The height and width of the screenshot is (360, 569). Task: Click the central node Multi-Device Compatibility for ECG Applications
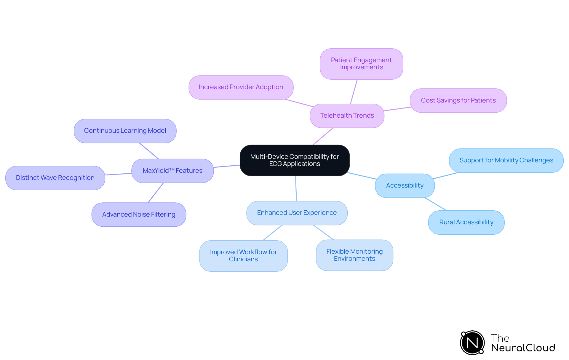point(295,160)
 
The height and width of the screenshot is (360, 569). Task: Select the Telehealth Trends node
point(347,116)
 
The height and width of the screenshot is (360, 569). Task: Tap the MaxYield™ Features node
point(172,171)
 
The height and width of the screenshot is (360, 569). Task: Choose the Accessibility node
point(405,185)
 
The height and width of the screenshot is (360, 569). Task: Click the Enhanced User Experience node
point(297,213)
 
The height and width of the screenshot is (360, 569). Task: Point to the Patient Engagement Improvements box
point(361,64)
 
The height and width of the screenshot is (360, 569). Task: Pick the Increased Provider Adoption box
point(241,87)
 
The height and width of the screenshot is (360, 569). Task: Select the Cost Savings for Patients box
point(458,100)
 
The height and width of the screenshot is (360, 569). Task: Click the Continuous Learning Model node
point(125,131)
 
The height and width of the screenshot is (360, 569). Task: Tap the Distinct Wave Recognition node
point(55,178)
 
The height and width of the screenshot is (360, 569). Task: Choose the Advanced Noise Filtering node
point(139,215)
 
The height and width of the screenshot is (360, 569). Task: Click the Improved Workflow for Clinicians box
point(243,255)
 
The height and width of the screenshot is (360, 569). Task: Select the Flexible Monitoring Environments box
point(354,255)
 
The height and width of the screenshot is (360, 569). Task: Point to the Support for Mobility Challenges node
point(506,160)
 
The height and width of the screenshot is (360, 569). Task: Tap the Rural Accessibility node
point(466,222)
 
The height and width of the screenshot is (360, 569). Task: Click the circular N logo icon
point(472,343)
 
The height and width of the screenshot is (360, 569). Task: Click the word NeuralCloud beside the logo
point(523,348)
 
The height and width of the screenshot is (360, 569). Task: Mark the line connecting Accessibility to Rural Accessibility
point(436,204)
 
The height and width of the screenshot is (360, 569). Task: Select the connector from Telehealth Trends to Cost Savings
point(397,109)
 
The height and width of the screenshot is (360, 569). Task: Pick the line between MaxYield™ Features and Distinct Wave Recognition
point(118,174)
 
